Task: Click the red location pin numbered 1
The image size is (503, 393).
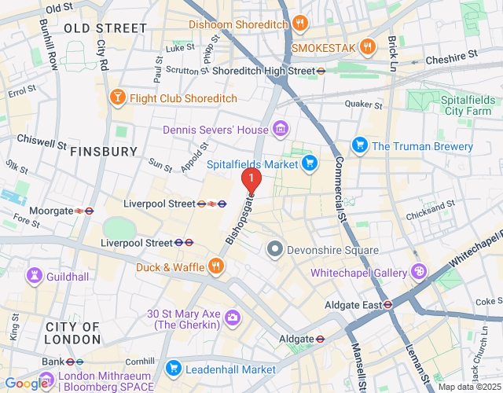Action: coord(251,180)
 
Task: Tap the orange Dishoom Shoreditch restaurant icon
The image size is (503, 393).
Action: coord(299,24)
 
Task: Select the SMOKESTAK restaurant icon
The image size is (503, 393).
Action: coord(367,47)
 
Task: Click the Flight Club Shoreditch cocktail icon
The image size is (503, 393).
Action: coord(117,97)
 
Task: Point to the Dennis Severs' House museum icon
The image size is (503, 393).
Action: coord(280,129)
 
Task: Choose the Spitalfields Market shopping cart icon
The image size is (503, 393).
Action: coord(310,164)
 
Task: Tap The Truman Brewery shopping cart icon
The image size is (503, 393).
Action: coord(360,146)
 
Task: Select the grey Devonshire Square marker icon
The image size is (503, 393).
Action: coord(274,250)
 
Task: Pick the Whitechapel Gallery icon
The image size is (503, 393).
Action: coord(419,272)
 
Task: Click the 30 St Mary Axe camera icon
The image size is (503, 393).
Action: coord(233,318)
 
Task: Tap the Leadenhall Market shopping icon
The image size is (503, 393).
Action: coord(173,369)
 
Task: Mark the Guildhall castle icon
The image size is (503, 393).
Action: coord(35,275)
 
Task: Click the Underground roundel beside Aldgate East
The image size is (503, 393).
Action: coord(387,304)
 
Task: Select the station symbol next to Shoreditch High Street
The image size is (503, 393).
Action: coord(321,71)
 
